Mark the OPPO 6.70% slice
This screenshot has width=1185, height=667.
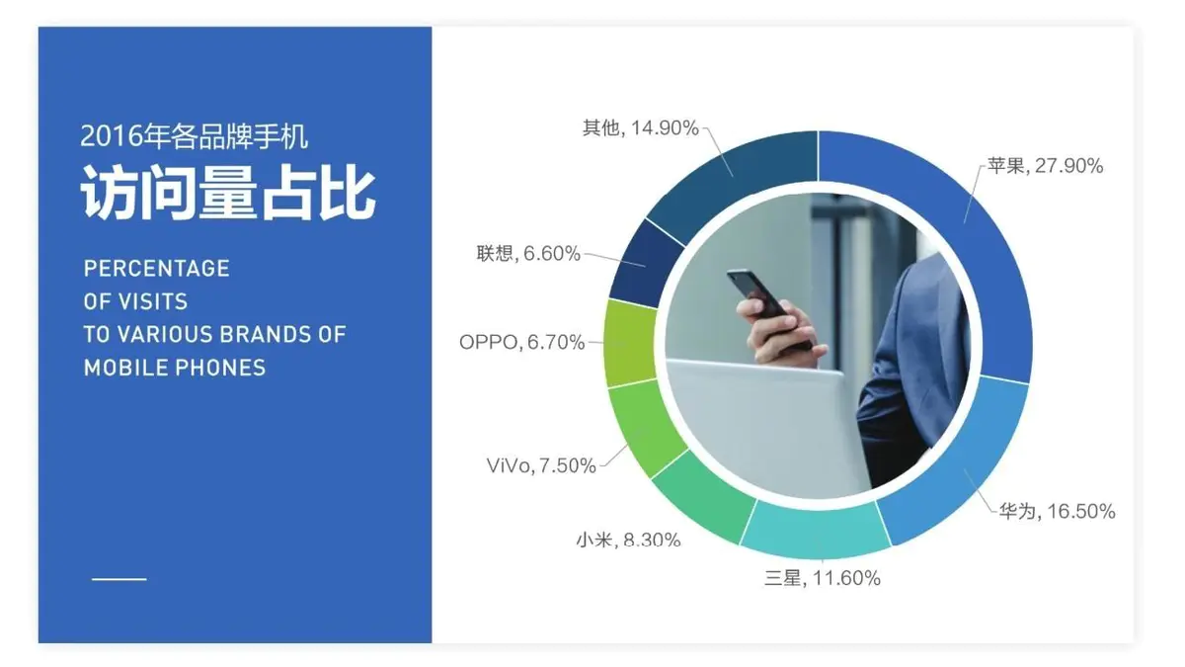click(630, 343)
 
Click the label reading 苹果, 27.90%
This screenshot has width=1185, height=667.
click(1045, 166)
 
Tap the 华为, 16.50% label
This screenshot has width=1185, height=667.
click(1057, 512)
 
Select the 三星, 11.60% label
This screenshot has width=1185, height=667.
click(823, 578)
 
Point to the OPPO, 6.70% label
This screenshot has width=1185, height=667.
click(521, 343)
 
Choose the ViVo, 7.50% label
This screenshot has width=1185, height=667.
click(541, 465)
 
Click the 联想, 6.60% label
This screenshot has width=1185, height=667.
click(528, 254)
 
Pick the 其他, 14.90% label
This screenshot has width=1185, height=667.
click(641, 128)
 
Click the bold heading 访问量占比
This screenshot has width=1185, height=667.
click(228, 192)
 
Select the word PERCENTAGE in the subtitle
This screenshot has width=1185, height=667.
click(157, 269)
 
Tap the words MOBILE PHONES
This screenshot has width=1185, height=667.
click(175, 368)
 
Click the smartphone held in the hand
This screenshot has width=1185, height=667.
click(768, 308)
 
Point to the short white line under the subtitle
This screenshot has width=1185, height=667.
click(119, 579)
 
